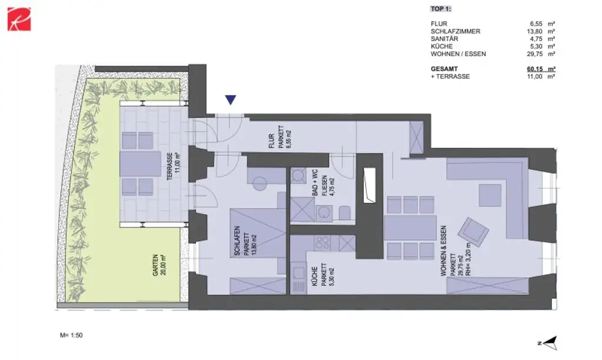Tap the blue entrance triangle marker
(231, 101)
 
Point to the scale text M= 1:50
(72, 335)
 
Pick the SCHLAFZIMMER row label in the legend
(455, 31)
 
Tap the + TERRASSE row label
(450, 76)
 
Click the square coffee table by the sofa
(490, 195)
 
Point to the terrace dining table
(138, 164)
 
